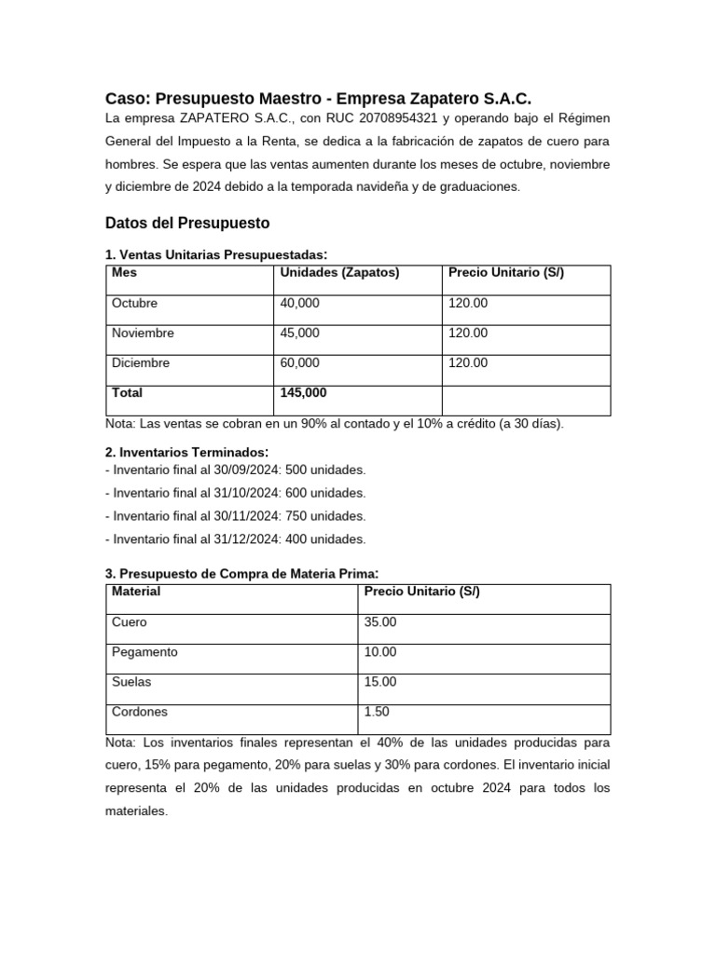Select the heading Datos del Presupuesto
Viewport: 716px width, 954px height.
pos(187,223)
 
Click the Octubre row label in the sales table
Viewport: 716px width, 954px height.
pos(135,304)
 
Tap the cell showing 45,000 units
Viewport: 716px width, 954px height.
pos(299,334)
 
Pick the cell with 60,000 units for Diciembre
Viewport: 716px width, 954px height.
pos(299,363)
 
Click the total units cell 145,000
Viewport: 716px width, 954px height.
pos(303,393)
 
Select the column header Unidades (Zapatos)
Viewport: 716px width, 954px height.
pos(339,273)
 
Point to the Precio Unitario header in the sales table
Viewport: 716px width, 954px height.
pos(506,273)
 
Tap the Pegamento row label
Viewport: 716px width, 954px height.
pos(145,652)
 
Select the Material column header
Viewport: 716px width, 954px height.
pos(136,592)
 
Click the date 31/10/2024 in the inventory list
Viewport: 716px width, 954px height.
pos(239,493)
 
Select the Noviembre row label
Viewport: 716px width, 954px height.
pos(143,334)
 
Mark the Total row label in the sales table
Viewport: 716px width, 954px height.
pos(128,393)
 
